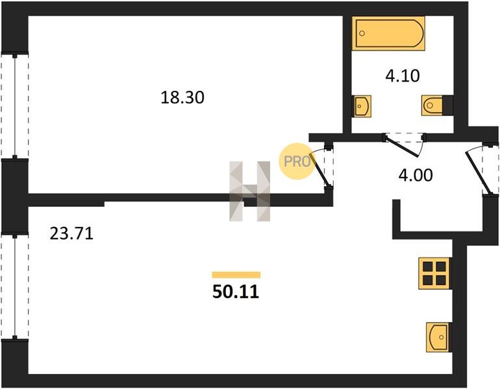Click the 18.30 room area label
tap(182, 97)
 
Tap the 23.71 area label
tap(71, 233)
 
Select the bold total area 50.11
tap(236, 292)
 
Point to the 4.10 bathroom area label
tap(403, 76)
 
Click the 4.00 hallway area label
tap(416, 175)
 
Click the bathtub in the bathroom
tap(388, 34)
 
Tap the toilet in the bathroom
tap(432, 106)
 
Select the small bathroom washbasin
tap(362, 106)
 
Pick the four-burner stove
tap(434, 273)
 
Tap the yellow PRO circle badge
tap(297, 161)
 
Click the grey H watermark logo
tap(250, 191)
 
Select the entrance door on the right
tap(479, 171)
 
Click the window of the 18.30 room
tap(15, 106)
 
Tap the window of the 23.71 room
tap(15, 286)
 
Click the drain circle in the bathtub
tap(362, 33)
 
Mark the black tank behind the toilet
tap(447, 106)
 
